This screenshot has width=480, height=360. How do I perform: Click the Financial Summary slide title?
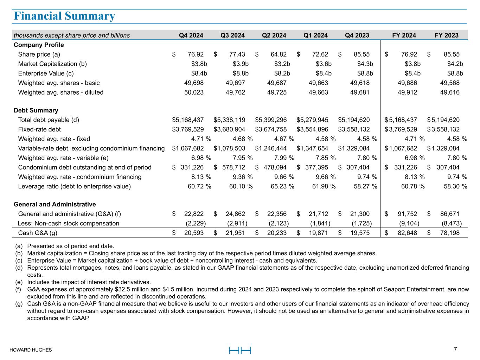64,16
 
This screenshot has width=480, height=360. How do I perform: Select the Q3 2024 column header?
232,35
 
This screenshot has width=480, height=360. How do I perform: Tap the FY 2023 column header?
446,35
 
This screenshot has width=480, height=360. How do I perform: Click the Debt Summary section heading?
36,110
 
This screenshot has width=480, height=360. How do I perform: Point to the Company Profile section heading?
39,45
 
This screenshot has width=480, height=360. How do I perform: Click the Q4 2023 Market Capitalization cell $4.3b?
365,64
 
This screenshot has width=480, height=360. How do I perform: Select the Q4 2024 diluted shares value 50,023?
194,92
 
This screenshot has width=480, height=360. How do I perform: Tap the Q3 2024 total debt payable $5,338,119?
229,120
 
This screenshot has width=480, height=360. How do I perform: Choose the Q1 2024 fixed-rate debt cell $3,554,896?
312,129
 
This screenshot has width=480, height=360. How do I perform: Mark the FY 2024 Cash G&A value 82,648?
407,233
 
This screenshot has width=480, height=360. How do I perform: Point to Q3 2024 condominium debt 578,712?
233,167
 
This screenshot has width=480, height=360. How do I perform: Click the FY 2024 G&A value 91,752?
407,214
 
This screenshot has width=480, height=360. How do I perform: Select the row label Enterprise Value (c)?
46,73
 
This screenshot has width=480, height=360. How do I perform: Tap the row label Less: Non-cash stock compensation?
68,223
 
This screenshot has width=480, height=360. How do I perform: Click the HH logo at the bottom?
240,350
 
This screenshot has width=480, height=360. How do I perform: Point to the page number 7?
455,349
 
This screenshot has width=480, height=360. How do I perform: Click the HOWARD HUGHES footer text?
31,350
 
